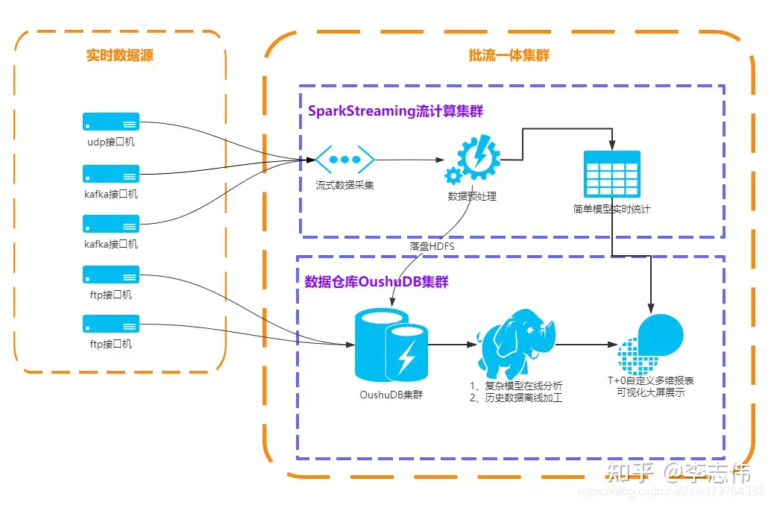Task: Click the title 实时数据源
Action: (119, 56)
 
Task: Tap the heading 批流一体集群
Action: (509, 56)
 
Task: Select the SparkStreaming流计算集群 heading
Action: (395, 111)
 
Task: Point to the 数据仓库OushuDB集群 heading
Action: (377, 282)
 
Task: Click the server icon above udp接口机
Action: (111, 122)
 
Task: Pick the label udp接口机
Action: (111, 142)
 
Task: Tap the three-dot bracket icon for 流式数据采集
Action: (344, 160)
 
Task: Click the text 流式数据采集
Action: (344, 185)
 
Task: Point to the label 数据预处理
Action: (472, 197)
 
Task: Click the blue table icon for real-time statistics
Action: (611, 174)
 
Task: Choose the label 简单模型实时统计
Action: (611, 210)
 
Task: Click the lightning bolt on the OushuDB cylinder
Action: (406, 357)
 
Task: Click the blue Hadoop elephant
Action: (517, 345)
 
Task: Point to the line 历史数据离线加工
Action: (516, 398)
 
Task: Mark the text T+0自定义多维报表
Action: (650, 381)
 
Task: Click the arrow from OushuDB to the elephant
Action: (453, 345)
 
